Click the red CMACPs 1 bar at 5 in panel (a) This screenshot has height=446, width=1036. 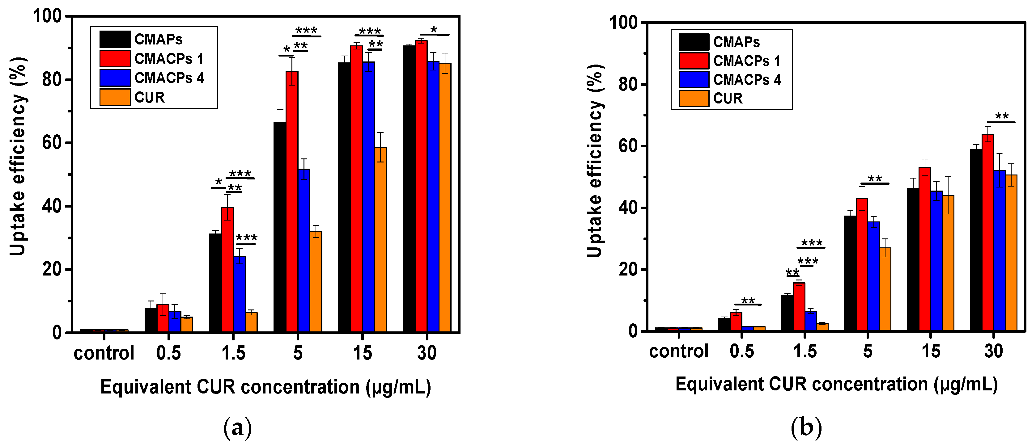[x=292, y=201]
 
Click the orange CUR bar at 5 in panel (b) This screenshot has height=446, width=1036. [x=885, y=289]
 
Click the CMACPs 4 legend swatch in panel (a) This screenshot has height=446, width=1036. [x=115, y=78]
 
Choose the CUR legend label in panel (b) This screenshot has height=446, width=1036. [x=728, y=99]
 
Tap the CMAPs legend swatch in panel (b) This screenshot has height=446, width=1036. [x=694, y=42]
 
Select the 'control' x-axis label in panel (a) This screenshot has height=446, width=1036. [x=104, y=353]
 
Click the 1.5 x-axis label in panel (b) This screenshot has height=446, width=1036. [x=805, y=351]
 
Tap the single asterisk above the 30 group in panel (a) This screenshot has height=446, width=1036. [x=434, y=30]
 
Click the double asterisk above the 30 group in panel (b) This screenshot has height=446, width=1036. [x=1002, y=116]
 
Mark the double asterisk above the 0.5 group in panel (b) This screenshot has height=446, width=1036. [x=748, y=300]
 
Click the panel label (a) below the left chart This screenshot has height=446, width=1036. [x=238, y=428]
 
